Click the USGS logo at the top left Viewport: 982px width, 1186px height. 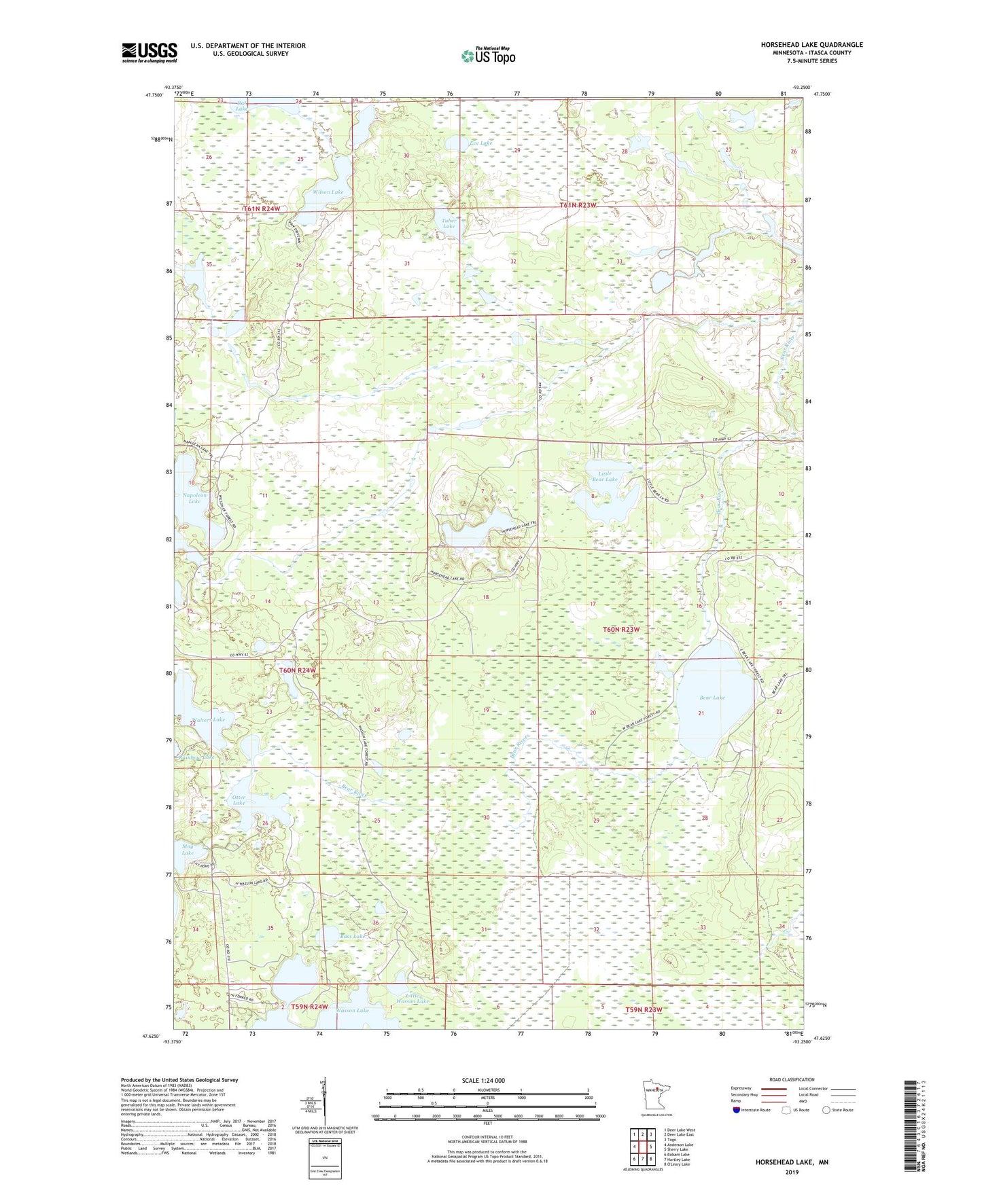149,52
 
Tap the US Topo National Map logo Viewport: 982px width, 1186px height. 488,55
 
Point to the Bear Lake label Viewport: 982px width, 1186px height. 712,698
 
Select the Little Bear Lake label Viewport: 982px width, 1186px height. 604,476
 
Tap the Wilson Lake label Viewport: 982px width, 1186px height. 328,192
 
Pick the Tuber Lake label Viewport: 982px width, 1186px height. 449,223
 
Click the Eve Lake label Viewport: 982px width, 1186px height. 480,143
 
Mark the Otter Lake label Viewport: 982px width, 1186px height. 239,799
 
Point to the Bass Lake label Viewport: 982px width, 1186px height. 353,936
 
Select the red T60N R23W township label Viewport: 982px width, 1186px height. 621,629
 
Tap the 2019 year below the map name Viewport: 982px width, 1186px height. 791,1172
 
